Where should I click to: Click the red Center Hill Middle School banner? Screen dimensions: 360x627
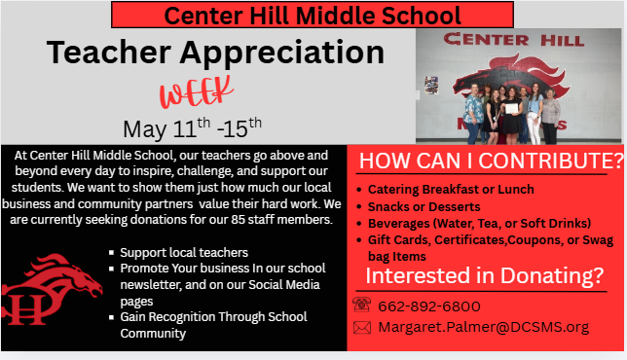pos(313,15)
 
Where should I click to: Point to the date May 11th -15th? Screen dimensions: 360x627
pos(193,127)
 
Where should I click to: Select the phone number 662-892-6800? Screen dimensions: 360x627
pos(429,306)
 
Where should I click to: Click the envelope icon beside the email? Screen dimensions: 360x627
pos(361,328)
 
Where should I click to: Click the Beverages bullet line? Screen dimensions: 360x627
pos(477,223)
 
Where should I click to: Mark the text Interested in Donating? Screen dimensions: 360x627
pos(484,276)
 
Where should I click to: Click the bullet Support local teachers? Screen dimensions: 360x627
pos(184,253)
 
